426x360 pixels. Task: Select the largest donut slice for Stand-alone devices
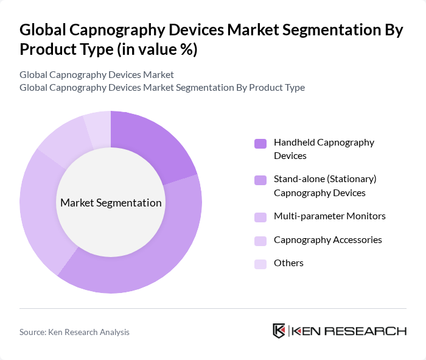point(152,256)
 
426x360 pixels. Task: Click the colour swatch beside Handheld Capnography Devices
point(260,144)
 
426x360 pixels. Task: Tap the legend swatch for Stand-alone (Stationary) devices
point(260,180)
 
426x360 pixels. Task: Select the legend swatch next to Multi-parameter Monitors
point(260,217)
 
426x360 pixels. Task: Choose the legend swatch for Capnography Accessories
point(260,241)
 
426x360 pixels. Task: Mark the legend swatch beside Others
point(260,264)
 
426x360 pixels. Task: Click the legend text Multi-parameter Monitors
point(329,216)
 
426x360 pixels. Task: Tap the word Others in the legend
point(288,263)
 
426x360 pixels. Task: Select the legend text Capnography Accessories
point(327,240)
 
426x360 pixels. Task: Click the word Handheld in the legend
point(294,143)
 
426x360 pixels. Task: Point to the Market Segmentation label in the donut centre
point(111,203)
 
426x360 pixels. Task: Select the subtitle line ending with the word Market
point(97,74)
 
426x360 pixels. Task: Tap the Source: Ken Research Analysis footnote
point(74,332)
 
